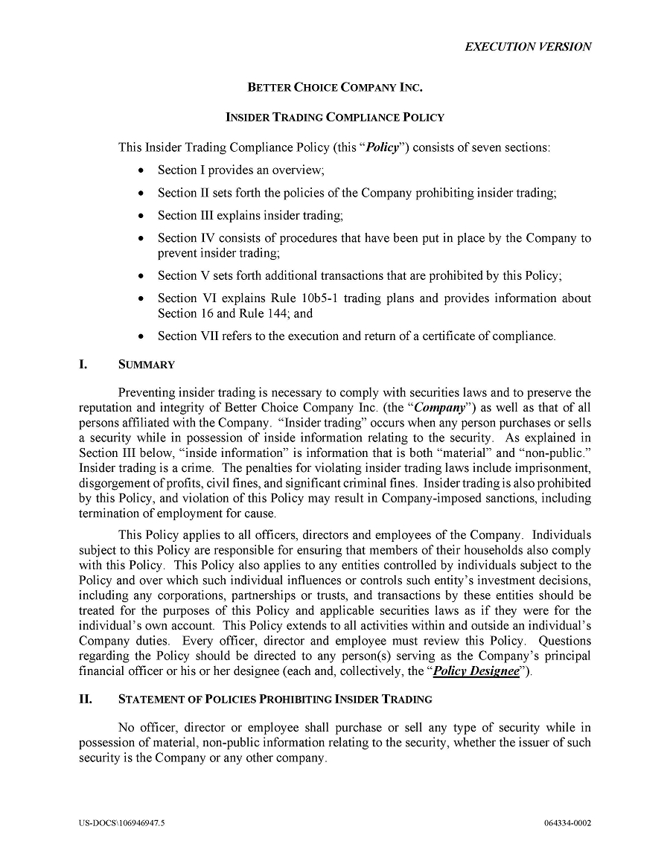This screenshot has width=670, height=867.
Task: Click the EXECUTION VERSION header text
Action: [528, 46]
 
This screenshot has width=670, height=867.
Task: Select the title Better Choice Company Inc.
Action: [335, 88]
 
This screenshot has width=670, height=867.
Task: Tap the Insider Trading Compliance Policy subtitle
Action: [335, 117]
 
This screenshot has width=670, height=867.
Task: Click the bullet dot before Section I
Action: [141, 170]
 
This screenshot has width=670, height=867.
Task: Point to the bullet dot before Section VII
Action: [141, 336]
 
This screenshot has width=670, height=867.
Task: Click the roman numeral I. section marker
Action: [84, 365]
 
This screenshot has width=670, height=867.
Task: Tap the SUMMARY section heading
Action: [147, 365]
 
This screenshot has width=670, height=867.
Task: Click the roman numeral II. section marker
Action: [86, 699]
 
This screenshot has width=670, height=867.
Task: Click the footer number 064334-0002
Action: [567, 823]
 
